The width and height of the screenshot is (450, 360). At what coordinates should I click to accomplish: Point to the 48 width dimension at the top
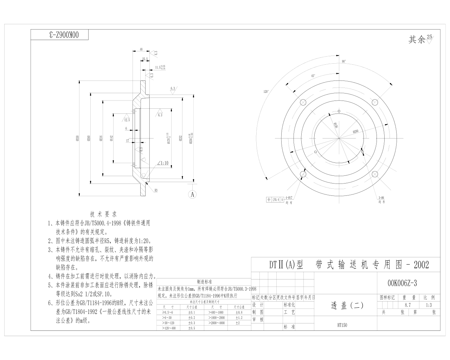[141, 50]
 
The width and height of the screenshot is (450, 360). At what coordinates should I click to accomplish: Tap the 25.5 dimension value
[145, 59]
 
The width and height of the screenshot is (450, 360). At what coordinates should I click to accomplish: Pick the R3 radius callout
[155, 190]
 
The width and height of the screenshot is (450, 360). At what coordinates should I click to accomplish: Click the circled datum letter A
[192, 194]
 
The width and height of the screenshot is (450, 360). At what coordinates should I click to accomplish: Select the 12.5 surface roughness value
[127, 120]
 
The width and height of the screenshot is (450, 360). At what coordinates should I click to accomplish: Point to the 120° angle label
[266, 92]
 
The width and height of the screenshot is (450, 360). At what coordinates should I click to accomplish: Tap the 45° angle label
[313, 76]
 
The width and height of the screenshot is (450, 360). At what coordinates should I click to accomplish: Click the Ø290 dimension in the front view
[355, 131]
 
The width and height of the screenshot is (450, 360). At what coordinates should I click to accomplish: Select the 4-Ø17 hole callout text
[289, 198]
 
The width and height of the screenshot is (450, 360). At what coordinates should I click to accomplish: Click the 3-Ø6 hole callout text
[381, 198]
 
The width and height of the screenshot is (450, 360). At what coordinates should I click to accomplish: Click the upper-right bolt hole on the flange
[375, 102]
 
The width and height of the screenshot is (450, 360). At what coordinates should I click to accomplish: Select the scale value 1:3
[429, 305]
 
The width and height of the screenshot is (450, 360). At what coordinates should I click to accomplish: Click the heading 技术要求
[103, 214]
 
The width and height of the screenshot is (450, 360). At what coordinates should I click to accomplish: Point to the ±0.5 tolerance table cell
[192, 328]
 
